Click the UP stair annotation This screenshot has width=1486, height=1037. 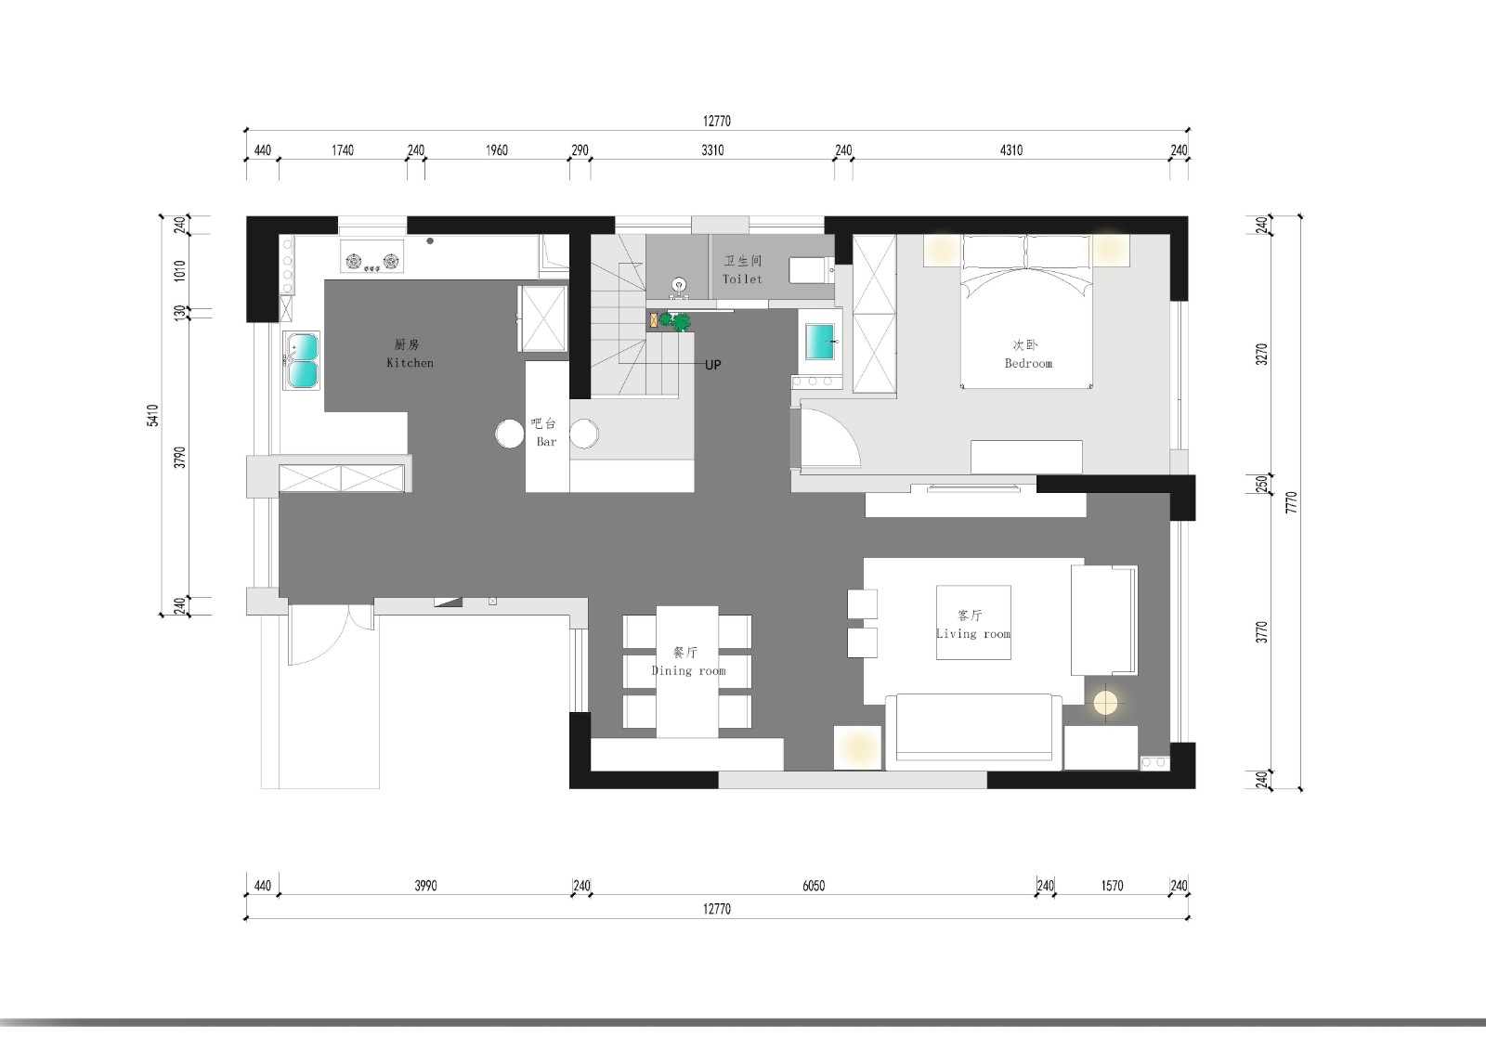(x=712, y=365)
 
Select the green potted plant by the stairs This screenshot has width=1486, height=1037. (x=674, y=321)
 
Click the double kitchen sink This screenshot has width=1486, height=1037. (x=302, y=361)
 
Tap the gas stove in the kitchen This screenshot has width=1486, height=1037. (x=372, y=256)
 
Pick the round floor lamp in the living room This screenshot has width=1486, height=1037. (x=1105, y=703)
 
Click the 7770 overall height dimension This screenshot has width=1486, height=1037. (x=1290, y=502)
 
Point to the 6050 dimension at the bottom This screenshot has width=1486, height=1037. (x=814, y=886)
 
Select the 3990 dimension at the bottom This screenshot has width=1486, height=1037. (x=426, y=886)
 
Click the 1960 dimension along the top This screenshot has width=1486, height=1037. (x=496, y=150)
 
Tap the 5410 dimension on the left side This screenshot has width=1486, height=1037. (x=152, y=415)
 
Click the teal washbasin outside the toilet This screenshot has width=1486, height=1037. (x=820, y=341)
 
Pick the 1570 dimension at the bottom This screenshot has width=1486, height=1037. (x=1112, y=886)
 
